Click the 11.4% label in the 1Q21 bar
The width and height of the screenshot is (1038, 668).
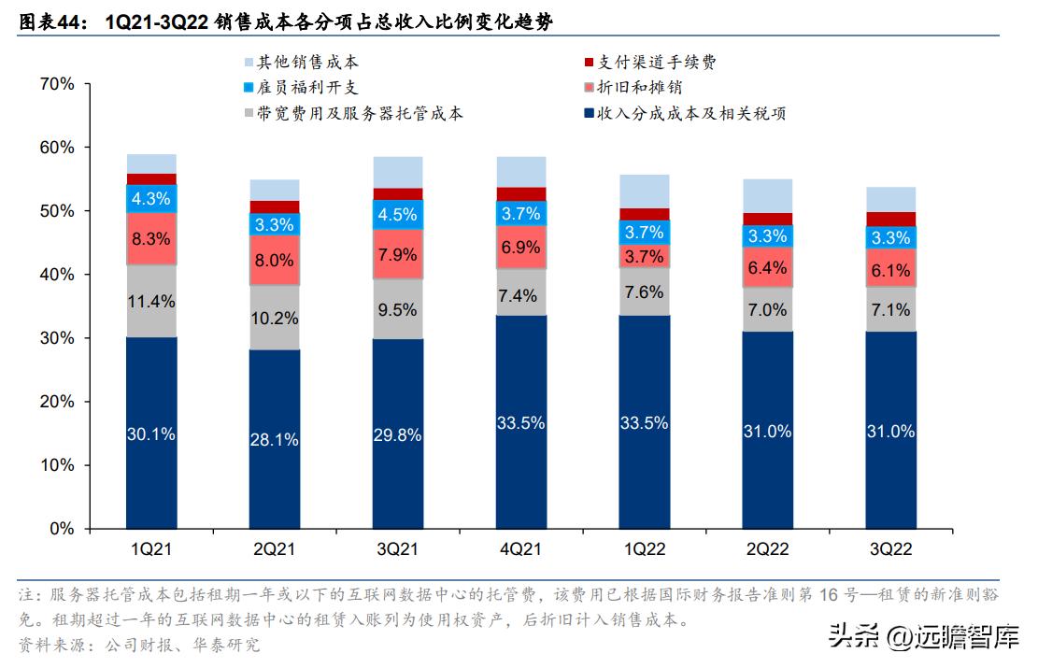click(x=151, y=300)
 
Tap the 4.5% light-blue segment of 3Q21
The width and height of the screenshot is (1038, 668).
click(x=398, y=214)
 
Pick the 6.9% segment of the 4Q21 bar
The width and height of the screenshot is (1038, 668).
click(x=520, y=248)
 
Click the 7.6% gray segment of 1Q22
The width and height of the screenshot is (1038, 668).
click(x=644, y=291)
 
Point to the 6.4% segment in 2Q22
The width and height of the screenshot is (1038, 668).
click(x=767, y=267)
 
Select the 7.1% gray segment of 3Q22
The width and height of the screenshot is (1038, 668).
click(x=890, y=309)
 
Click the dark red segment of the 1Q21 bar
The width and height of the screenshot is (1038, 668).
click(x=151, y=178)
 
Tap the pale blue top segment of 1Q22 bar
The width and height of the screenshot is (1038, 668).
click(x=644, y=191)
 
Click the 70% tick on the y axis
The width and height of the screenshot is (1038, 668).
click(x=57, y=84)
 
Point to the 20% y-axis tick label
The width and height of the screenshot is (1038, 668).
click(x=57, y=402)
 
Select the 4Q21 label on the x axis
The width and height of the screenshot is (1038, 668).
click(x=520, y=548)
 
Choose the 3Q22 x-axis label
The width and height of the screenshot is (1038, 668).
click(x=890, y=548)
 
